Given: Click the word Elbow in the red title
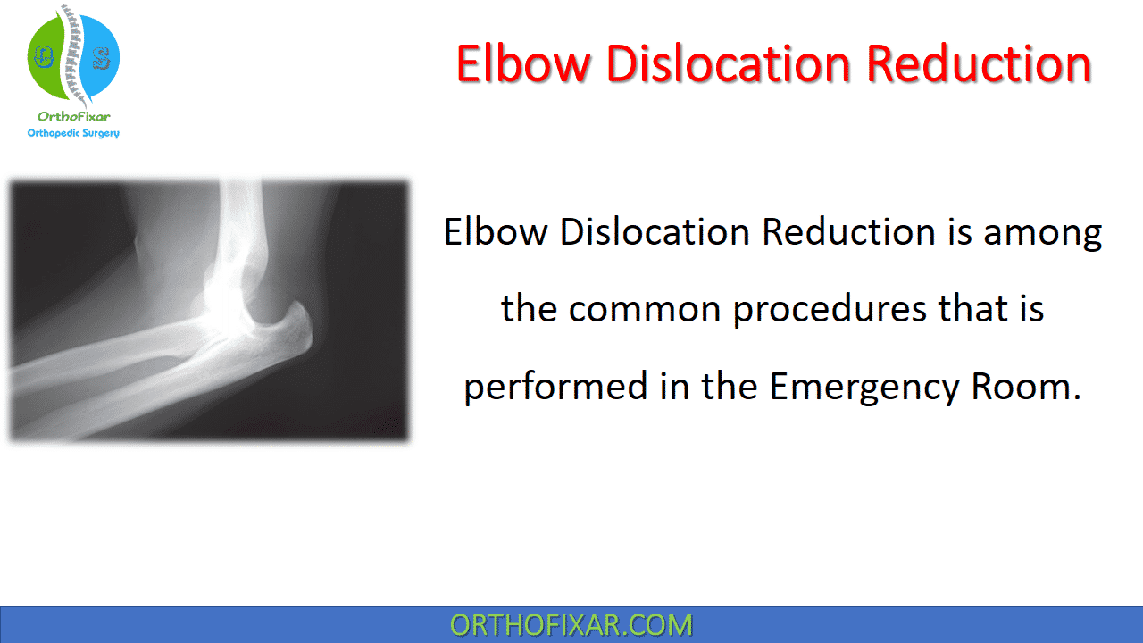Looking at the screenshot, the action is point(522,63).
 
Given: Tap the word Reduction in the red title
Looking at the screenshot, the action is point(980,63).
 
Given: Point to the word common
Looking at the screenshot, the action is point(644,310).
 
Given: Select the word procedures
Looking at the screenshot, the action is point(830,311).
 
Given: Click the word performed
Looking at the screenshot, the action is point(555,388).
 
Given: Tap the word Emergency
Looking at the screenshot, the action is point(864,388).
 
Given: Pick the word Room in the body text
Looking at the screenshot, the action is point(1020,387).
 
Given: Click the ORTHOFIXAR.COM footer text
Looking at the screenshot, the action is point(571,625).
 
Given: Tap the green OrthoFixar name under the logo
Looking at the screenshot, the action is point(73,116).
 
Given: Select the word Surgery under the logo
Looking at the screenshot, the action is point(101,134).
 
